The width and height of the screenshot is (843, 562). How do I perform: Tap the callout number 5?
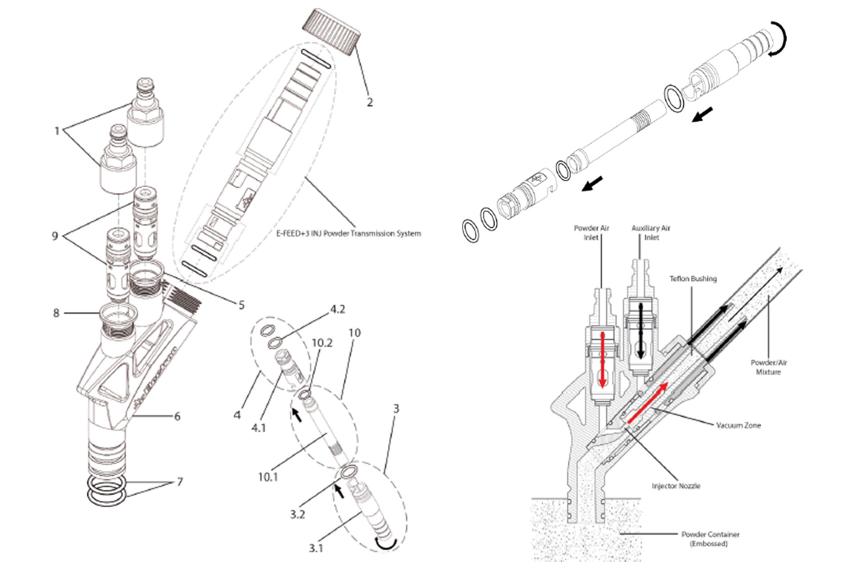click(x=241, y=305)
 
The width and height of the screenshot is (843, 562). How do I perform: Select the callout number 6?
click(x=177, y=417)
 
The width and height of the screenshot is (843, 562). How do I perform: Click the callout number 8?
click(x=56, y=313)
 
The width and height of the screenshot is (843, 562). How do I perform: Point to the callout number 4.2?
click(x=337, y=309)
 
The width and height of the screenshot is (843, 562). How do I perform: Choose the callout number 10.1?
click(x=268, y=477)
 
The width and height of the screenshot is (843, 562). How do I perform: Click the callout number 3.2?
click(x=298, y=515)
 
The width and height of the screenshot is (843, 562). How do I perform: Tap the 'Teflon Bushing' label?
click(x=693, y=279)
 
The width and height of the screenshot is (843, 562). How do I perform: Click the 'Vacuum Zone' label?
click(x=738, y=425)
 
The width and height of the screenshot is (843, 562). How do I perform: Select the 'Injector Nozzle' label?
click(x=675, y=486)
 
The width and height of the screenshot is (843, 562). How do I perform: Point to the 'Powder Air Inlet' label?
click(x=592, y=232)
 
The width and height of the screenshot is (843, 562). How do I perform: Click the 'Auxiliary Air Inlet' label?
click(x=651, y=232)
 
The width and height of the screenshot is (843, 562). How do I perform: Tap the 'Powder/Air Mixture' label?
click(x=769, y=367)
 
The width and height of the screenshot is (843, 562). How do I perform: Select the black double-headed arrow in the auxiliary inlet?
click(x=640, y=330)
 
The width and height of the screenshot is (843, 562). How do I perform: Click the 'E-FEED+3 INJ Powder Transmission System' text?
click(x=349, y=234)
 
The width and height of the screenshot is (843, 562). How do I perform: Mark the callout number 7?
click(x=179, y=482)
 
